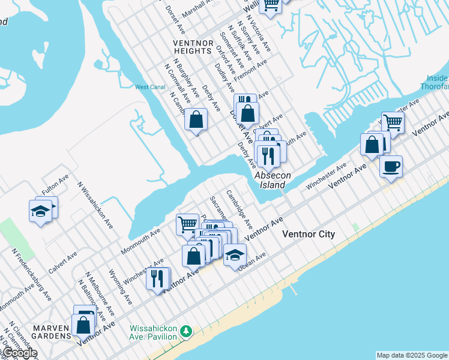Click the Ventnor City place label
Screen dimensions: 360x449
309,234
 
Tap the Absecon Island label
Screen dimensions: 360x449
273,180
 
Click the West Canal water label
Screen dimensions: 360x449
149,87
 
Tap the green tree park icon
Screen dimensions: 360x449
186,331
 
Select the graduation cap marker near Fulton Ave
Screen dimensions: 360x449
41,211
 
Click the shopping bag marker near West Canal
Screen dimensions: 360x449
196,119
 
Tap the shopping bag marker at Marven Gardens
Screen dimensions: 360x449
83,326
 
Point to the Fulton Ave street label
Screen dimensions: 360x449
55,185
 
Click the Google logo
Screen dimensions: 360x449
19,353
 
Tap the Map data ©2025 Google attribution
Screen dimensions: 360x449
412,355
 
